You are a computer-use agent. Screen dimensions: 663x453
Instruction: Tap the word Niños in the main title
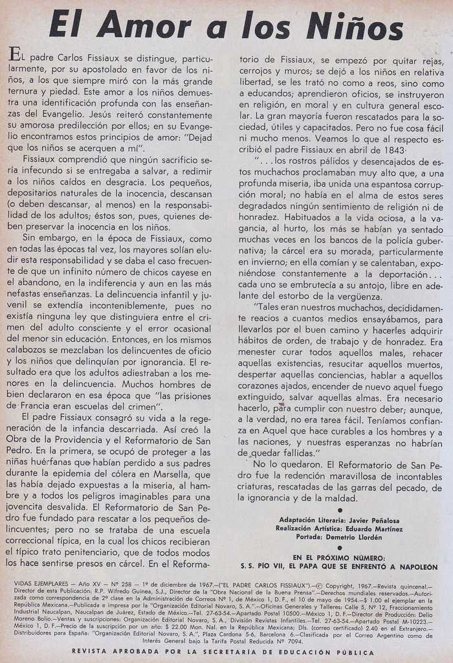tap(355, 27)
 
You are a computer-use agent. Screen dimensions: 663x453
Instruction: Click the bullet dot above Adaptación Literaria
tap(340, 510)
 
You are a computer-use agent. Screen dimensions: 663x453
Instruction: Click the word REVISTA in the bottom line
tap(91, 651)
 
